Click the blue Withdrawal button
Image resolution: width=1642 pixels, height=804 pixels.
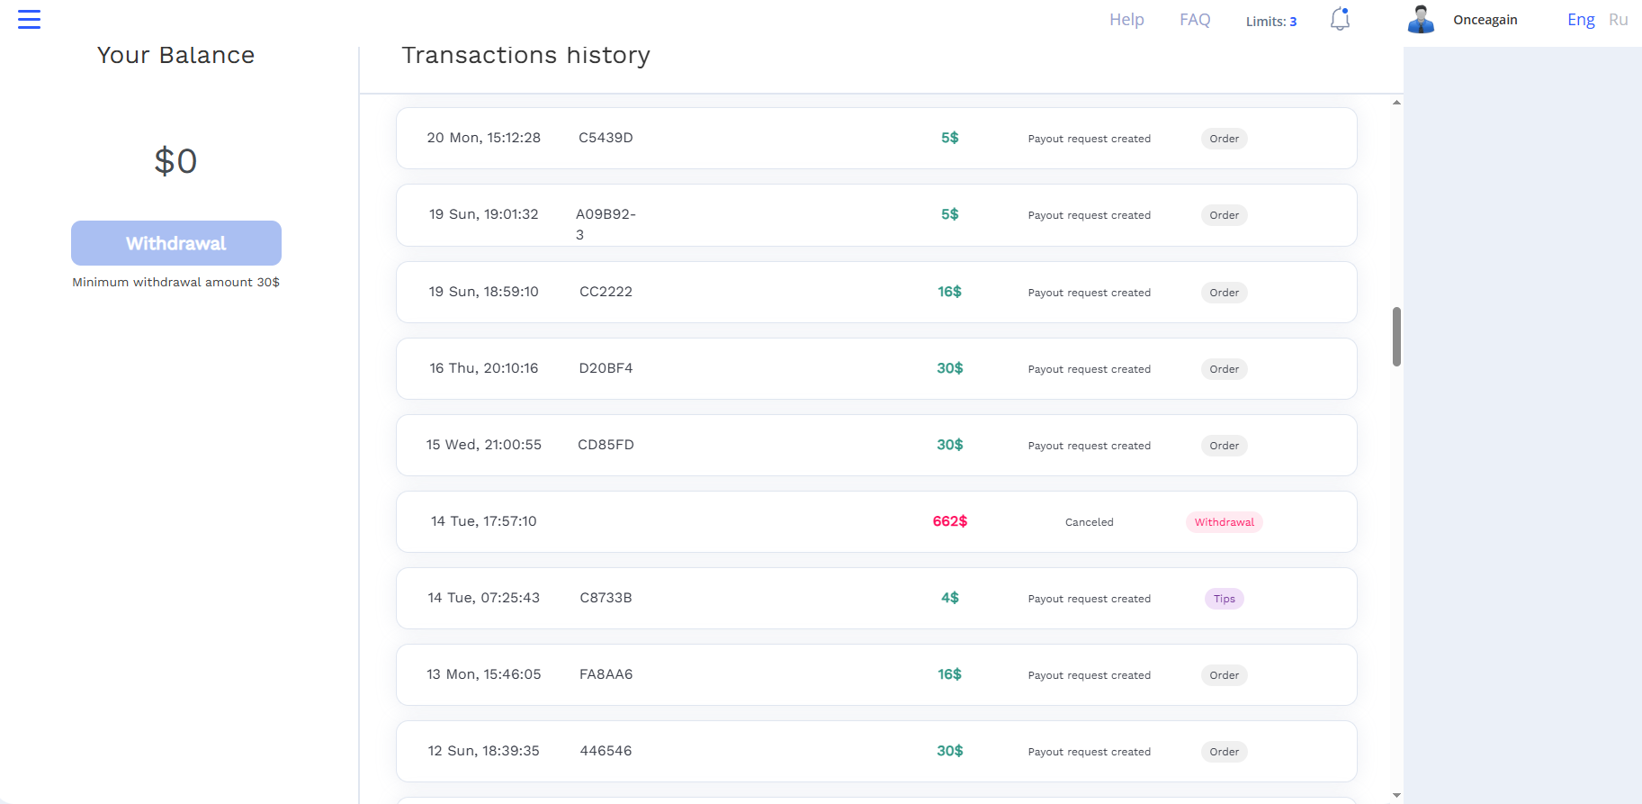tap(176, 243)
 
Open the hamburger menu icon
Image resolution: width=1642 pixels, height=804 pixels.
tap(29, 19)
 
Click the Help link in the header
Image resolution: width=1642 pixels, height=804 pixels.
tap(1126, 20)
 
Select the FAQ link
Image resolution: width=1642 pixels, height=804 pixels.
tap(1195, 20)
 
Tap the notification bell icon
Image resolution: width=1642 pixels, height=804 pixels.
tap(1340, 19)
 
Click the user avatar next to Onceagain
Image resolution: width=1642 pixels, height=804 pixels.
tap(1421, 19)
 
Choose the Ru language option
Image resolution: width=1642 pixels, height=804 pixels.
tap(1619, 20)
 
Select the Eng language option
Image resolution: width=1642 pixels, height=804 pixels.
tap(1581, 20)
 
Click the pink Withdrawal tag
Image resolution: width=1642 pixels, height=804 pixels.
tap(1225, 522)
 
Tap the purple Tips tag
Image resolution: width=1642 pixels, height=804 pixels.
tap(1225, 599)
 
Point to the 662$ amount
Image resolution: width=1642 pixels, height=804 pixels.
tap(950, 521)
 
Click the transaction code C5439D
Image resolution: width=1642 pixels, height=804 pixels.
tap(606, 138)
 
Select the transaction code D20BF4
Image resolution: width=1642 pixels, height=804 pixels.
tap(606, 368)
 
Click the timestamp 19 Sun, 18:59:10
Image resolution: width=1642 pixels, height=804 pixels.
tap(484, 292)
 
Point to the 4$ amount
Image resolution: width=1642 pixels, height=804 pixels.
tap(950, 598)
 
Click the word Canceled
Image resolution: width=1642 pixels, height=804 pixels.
tap(1090, 522)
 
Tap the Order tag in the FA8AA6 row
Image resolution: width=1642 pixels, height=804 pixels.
tap(1225, 675)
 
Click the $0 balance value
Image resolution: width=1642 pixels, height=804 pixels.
tap(175, 161)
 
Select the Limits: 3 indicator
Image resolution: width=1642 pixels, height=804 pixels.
tap(1271, 22)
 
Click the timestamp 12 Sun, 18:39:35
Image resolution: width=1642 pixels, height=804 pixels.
tap(484, 751)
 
